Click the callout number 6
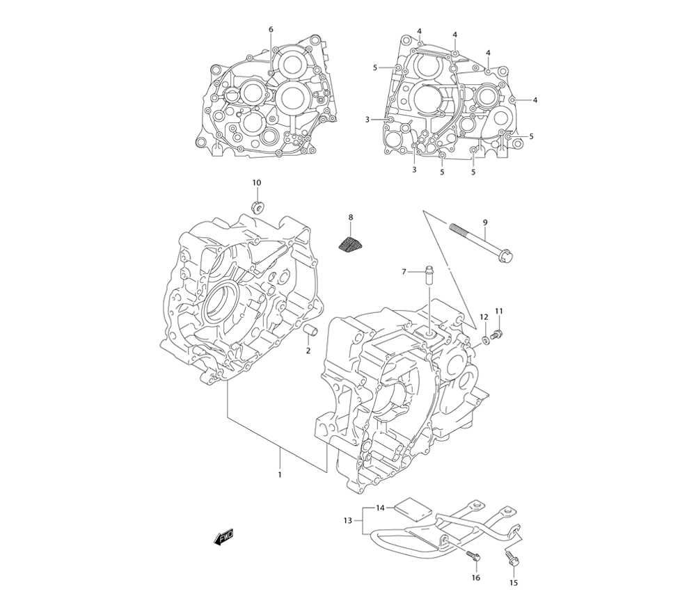[x=271, y=29]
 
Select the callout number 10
[x=257, y=182]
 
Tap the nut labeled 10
[x=258, y=206]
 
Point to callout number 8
[x=351, y=218]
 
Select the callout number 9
[x=485, y=222]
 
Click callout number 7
[x=403, y=272]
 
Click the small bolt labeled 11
[x=497, y=335]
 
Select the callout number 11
[x=499, y=310]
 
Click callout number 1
[x=280, y=474]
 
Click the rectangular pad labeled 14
[x=410, y=510]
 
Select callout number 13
[x=348, y=520]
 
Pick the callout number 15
[x=514, y=583]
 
